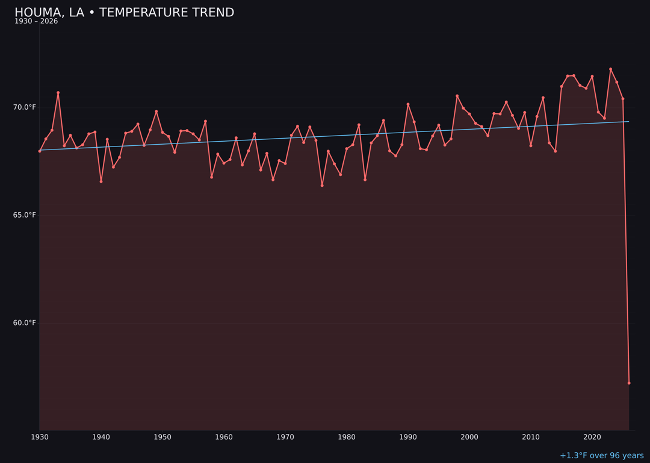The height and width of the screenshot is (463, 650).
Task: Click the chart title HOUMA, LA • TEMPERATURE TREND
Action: pos(124,13)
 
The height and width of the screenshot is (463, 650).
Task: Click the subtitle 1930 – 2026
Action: pos(36,22)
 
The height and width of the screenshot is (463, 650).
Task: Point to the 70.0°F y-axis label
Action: pos(25,107)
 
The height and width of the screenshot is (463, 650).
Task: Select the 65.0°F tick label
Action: pos(25,215)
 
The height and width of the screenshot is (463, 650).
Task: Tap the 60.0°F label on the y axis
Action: pos(25,323)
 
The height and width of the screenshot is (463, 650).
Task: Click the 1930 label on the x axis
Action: pos(40,437)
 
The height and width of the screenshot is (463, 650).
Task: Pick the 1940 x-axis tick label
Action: pos(101,437)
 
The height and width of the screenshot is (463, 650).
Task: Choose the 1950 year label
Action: pos(162,437)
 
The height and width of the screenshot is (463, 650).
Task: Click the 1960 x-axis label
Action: pos(224,437)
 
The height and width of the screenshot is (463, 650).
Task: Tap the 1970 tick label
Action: pos(285,437)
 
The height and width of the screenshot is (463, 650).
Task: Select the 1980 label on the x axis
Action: pos(347,437)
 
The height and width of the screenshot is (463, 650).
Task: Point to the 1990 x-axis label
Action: pos(408,437)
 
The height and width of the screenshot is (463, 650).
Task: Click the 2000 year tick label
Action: pos(469,437)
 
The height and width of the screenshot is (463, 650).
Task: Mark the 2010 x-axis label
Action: pos(531,437)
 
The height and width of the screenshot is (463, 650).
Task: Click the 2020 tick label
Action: pos(592,437)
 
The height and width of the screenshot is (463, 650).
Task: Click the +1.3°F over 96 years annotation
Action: pos(601,456)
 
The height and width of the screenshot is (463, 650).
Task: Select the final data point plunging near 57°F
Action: pos(629,383)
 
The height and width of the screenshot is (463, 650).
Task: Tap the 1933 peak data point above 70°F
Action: pos(58,93)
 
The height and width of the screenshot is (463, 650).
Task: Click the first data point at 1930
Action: pos(40,151)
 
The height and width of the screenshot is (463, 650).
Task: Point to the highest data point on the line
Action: pos(610,69)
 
